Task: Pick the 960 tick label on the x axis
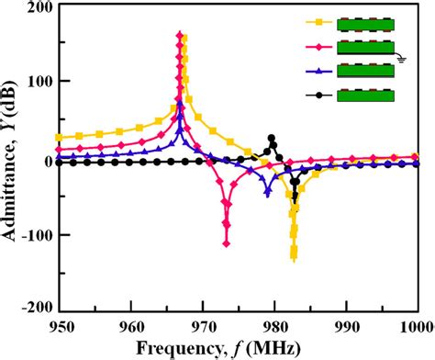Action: point(131,326)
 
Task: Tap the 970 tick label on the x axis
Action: point(203,326)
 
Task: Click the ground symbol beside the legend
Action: point(401,55)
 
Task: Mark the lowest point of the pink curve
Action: point(227,242)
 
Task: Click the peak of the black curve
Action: point(272,139)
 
